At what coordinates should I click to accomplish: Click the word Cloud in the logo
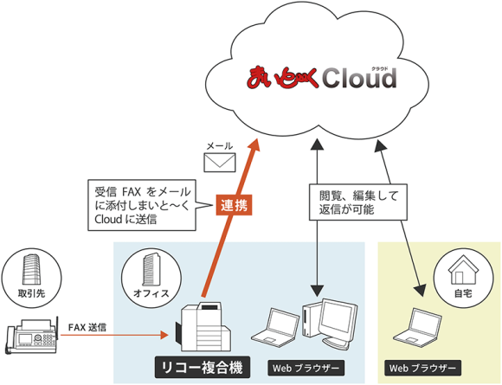point(359,80)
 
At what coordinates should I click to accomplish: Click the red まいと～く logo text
point(285,80)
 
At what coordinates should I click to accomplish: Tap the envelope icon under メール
point(219,162)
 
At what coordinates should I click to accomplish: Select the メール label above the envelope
point(218,145)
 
